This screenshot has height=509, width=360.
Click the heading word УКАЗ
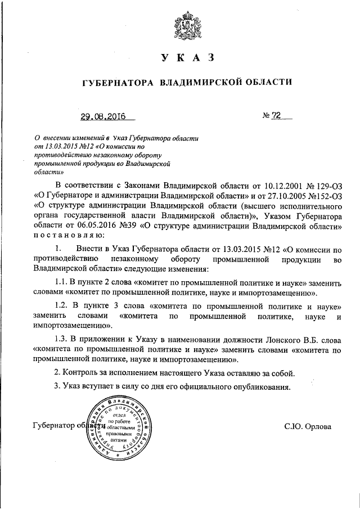[x=186, y=58]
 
